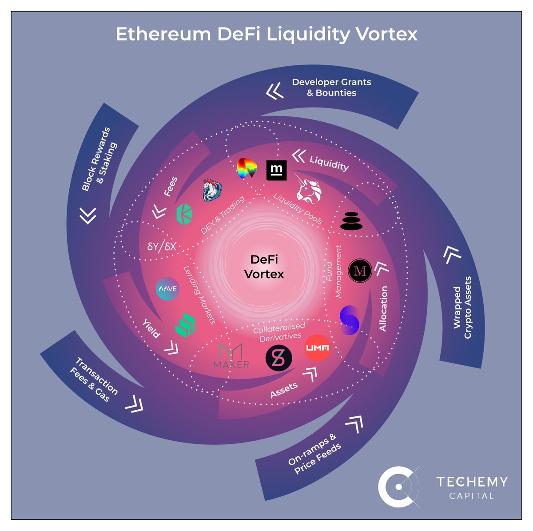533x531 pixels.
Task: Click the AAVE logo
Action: (x=167, y=289)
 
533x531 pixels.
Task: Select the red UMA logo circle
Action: (x=318, y=348)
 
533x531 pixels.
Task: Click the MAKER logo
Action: (x=231, y=356)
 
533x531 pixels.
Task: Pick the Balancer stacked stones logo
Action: (x=351, y=220)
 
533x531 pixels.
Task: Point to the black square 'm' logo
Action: (x=276, y=170)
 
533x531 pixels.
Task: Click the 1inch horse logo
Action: (x=212, y=190)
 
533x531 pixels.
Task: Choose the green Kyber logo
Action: (x=184, y=214)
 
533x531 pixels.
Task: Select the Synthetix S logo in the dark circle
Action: (x=278, y=358)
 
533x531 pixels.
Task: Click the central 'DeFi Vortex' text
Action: (x=264, y=267)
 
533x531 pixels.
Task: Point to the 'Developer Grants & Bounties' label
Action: (x=331, y=87)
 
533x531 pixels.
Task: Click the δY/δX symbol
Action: (x=162, y=246)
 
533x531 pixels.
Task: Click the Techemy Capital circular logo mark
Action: (x=398, y=487)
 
